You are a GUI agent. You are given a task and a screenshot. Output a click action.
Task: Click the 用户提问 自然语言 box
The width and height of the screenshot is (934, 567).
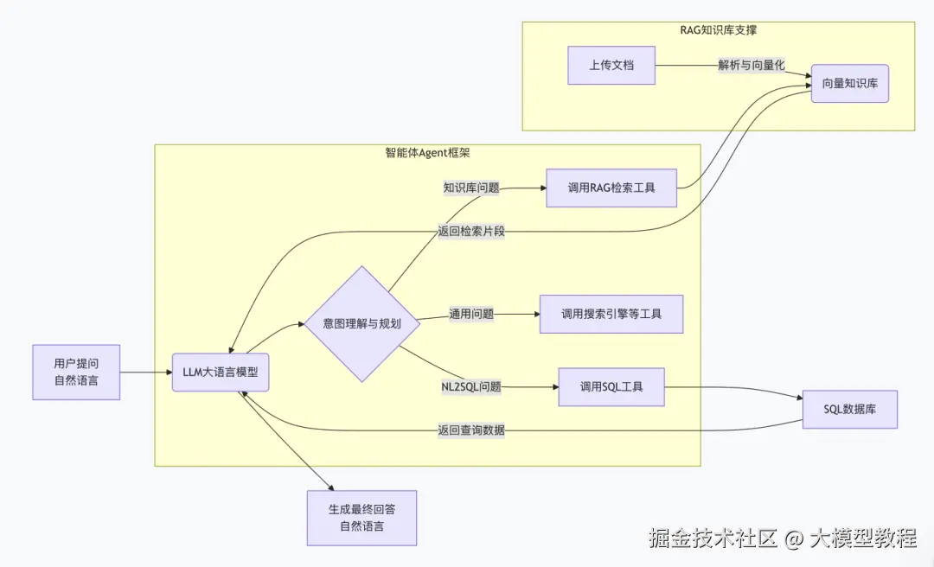coord(76,373)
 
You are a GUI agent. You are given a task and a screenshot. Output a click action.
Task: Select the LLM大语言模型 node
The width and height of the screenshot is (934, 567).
coord(221,373)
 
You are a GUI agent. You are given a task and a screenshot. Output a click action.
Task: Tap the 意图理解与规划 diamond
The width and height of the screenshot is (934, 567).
coord(361,323)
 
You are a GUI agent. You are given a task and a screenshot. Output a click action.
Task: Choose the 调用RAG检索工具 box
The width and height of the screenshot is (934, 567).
coord(611,188)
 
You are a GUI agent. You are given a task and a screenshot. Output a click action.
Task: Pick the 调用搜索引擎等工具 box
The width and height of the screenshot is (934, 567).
coord(611,314)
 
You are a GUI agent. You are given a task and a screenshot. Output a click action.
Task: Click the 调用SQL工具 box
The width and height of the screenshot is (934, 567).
coord(611,386)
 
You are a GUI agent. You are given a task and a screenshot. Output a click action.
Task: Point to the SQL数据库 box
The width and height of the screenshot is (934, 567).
coord(850,409)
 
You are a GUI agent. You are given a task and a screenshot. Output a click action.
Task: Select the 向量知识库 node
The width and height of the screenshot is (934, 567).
coord(850,84)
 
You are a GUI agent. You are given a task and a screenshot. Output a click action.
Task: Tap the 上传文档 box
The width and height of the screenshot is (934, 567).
coord(611,66)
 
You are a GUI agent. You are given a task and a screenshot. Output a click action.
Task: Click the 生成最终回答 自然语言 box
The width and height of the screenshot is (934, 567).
coord(361,518)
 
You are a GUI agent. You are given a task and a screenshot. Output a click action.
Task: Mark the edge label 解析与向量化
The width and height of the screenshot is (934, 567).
coord(752,66)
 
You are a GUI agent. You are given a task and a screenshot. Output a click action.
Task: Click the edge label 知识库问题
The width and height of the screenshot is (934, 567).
coord(471,188)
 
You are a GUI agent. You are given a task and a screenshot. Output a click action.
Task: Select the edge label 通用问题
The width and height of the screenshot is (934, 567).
coord(471,314)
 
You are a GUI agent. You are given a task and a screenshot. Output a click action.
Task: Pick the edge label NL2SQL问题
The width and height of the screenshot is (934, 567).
coord(471,386)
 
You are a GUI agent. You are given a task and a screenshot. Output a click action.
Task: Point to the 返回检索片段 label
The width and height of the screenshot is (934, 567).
coord(471,232)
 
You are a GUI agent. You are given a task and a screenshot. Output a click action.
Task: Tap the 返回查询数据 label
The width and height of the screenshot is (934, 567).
coord(471,430)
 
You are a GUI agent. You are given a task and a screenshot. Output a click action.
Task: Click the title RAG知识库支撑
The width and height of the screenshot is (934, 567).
coord(719,31)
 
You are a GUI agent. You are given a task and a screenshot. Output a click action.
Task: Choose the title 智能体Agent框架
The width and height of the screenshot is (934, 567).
coord(426,153)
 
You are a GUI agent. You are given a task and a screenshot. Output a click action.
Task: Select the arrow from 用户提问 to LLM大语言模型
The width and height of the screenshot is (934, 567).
coord(145,373)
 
